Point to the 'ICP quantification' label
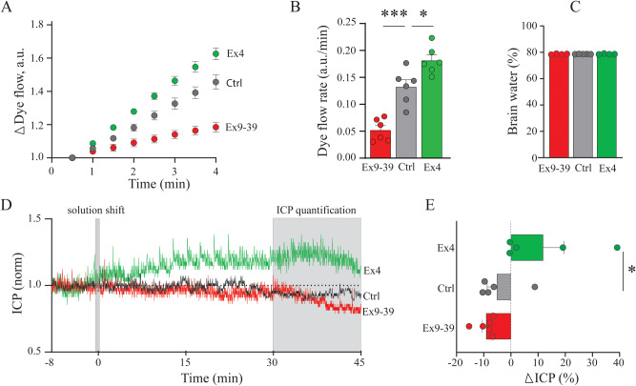[x=317, y=209]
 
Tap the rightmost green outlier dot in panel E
[x=617, y=247]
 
